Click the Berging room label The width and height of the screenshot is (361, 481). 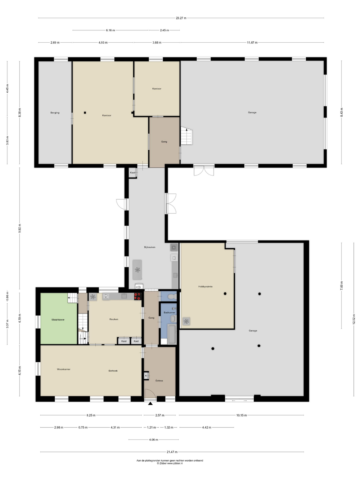point(55,113)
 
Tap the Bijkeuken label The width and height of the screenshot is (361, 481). point(150,247)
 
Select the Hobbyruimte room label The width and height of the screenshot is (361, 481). point(205,286)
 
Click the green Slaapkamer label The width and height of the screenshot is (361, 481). point(58,320)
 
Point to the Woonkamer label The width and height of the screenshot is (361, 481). point(63,369)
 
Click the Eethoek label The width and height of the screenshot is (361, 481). point(113,371)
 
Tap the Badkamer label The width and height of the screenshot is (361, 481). point(169,312)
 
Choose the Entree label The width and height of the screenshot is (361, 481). point(159,381)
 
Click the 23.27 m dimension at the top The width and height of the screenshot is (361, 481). point(181,18)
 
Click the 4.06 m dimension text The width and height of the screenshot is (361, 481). point(153,440)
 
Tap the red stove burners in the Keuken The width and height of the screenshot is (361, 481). point(138,296)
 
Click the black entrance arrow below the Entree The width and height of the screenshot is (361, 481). point(150,403)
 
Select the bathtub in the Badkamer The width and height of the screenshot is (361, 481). point(172,334)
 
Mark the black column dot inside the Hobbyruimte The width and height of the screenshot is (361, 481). point(225,294)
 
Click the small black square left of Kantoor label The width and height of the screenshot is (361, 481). point(85,113)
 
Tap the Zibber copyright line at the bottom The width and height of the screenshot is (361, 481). point(170,463)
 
